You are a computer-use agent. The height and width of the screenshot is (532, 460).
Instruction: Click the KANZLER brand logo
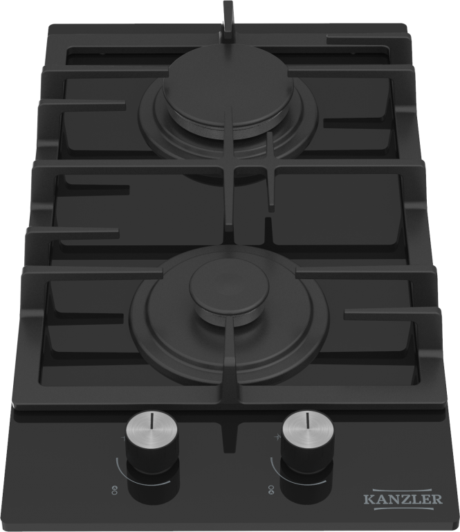point(403,499)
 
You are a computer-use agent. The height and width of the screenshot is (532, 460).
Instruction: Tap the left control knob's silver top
point(151,429)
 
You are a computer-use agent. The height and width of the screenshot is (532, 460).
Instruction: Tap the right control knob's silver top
point(308,427)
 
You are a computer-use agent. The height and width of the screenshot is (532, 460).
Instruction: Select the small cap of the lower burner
point(230,288)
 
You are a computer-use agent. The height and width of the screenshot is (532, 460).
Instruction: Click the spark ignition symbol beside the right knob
point(276,436)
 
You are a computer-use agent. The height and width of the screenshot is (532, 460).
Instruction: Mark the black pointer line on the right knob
point(308,420)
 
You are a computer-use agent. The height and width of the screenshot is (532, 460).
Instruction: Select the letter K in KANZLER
point(368,499)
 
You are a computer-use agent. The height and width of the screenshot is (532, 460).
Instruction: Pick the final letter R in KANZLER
point(438,499)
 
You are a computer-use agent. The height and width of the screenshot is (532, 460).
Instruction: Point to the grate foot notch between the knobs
point(229,437)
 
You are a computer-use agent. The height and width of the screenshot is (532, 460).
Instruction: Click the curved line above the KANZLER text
point(403,490)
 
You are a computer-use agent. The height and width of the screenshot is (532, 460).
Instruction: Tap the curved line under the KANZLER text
point(403,508)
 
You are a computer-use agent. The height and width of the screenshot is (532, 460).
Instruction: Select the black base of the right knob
point(308,479)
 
